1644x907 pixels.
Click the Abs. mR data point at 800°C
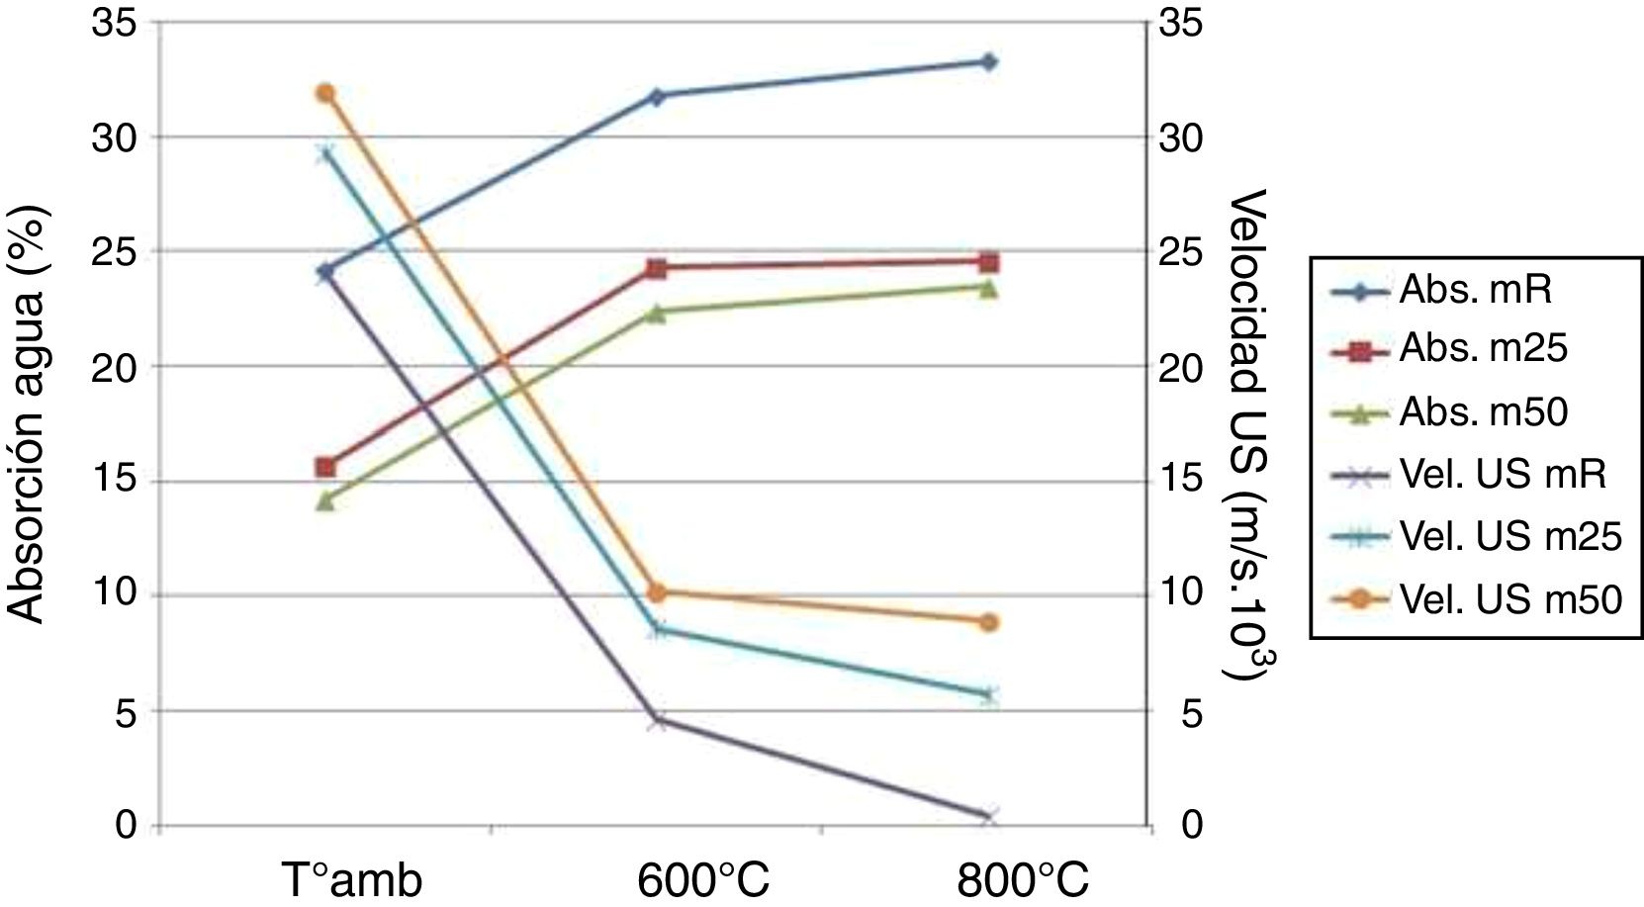pyautogui.click(x=988, y=62)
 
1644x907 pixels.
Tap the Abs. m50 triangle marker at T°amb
pyautogui.click(x=325, y=500)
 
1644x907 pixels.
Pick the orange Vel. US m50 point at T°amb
pyautogui.click(x=325, y=94)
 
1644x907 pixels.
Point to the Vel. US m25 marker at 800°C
pyautogui.click(x=988, y=694)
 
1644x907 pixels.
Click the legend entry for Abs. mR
pyautogui.click(x=1474, y=290)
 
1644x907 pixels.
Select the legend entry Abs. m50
pyautogui.click(x=1482, y=411)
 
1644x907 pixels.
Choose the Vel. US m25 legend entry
pyautogui.click(x=1509, y=536)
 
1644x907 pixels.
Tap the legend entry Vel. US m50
pyautogui.click(x=1509, y=598)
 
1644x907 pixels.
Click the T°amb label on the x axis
pyautogui.click(x=351, y=878)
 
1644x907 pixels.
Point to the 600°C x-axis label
pyautogui.click(x=703, y=878)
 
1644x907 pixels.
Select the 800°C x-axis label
pyautogui.click(x=1023, y=878)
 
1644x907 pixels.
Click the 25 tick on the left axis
pyautogui.click(x=115, y=251)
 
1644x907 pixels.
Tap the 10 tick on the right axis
pyautogui.click(x=1181, y=593)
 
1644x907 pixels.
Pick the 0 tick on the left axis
pyautogui.click(x=126, y=823)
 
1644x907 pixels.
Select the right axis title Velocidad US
pyautogui.click(x=1246, y=435)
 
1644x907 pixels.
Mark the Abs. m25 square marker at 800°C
pyautogui.click(x=988, y=262)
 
